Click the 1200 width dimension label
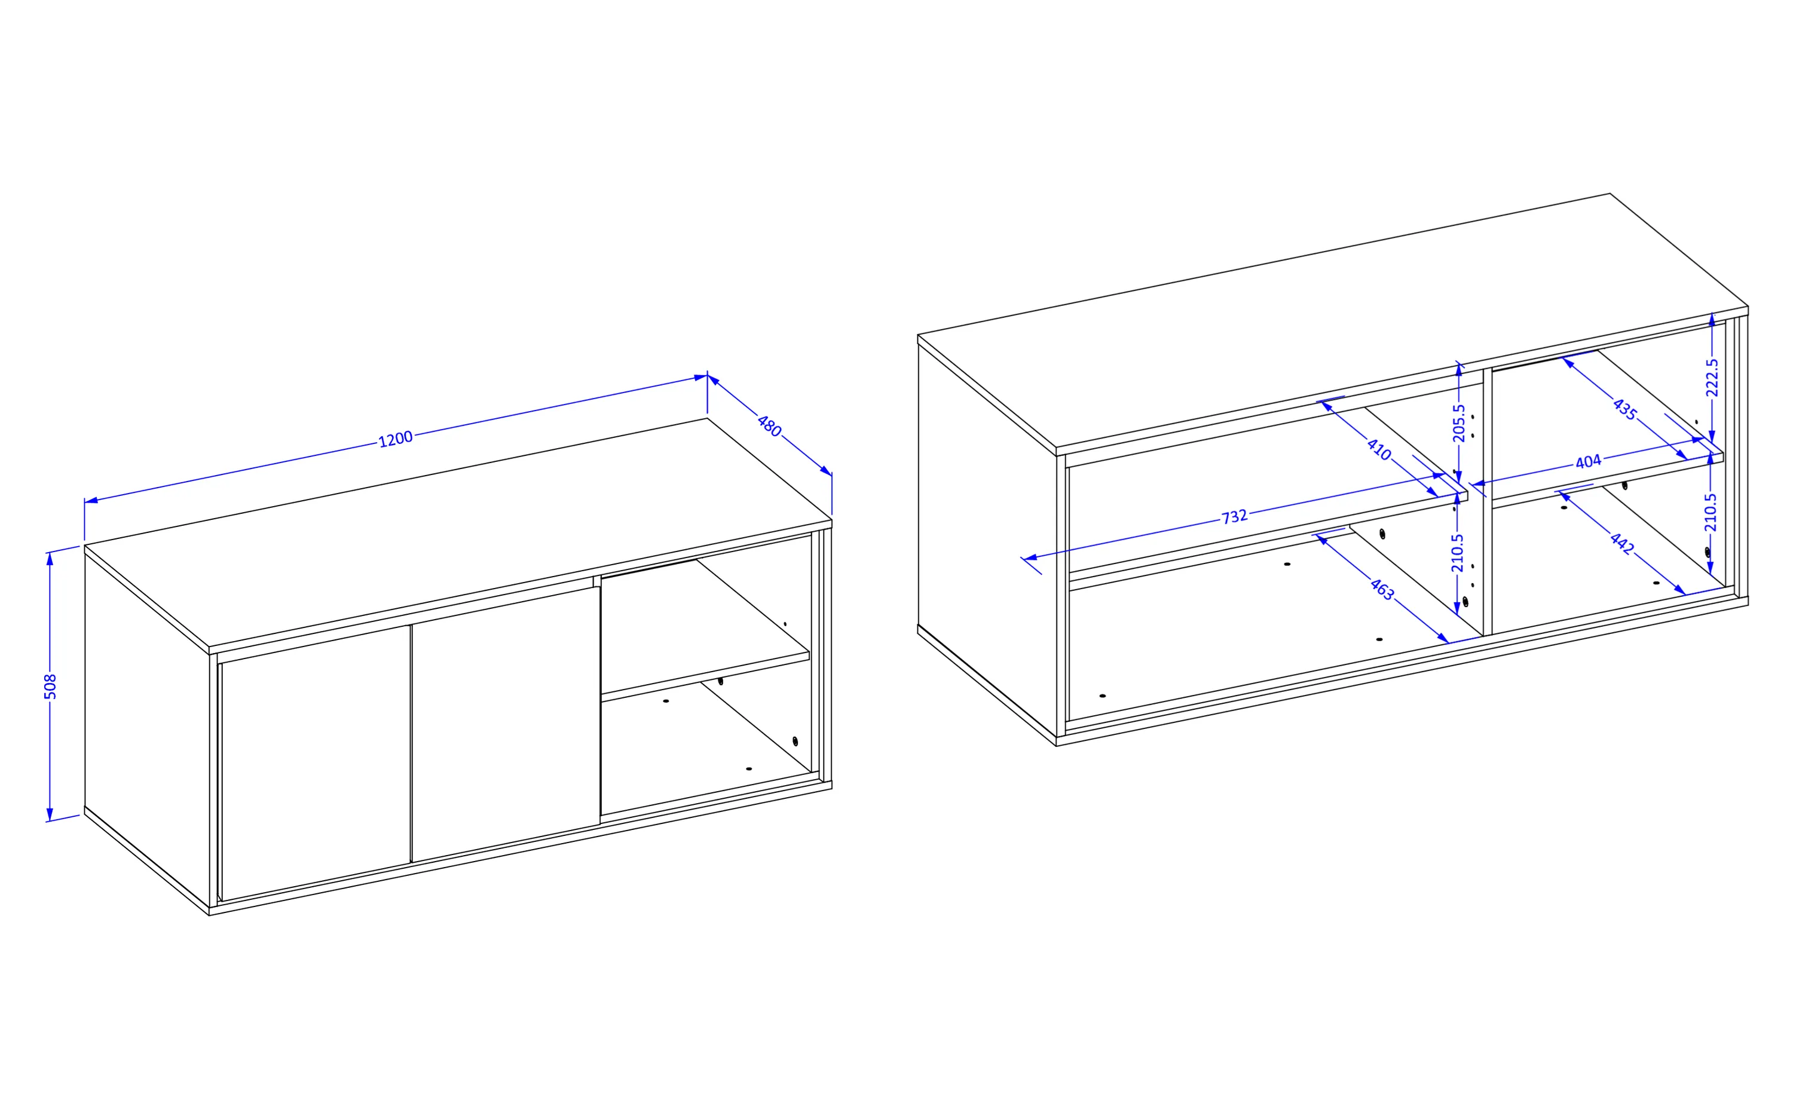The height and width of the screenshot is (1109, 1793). [396, 439]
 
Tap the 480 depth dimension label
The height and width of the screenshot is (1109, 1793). [769, 426]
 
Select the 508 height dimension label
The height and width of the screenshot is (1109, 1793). [50, 687]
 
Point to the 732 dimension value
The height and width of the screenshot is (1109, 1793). [1234, 516]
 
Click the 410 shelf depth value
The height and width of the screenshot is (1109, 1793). [1379, 449]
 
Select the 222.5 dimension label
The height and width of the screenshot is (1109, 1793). [1712, 377]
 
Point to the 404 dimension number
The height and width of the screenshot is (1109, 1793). [1589, 461]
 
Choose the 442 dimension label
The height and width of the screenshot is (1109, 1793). [1622, 543]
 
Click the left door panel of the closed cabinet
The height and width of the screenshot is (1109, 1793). [316, 763]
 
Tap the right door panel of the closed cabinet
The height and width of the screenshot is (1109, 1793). [506, 724]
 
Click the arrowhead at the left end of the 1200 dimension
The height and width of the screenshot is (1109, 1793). [91, 501]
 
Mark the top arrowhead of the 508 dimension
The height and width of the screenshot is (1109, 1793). [50, 559]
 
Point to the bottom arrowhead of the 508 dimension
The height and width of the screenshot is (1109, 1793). [50, 814]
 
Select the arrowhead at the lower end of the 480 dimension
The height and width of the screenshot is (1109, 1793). [826, 471]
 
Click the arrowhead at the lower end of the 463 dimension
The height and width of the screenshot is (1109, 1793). [1442, 638]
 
